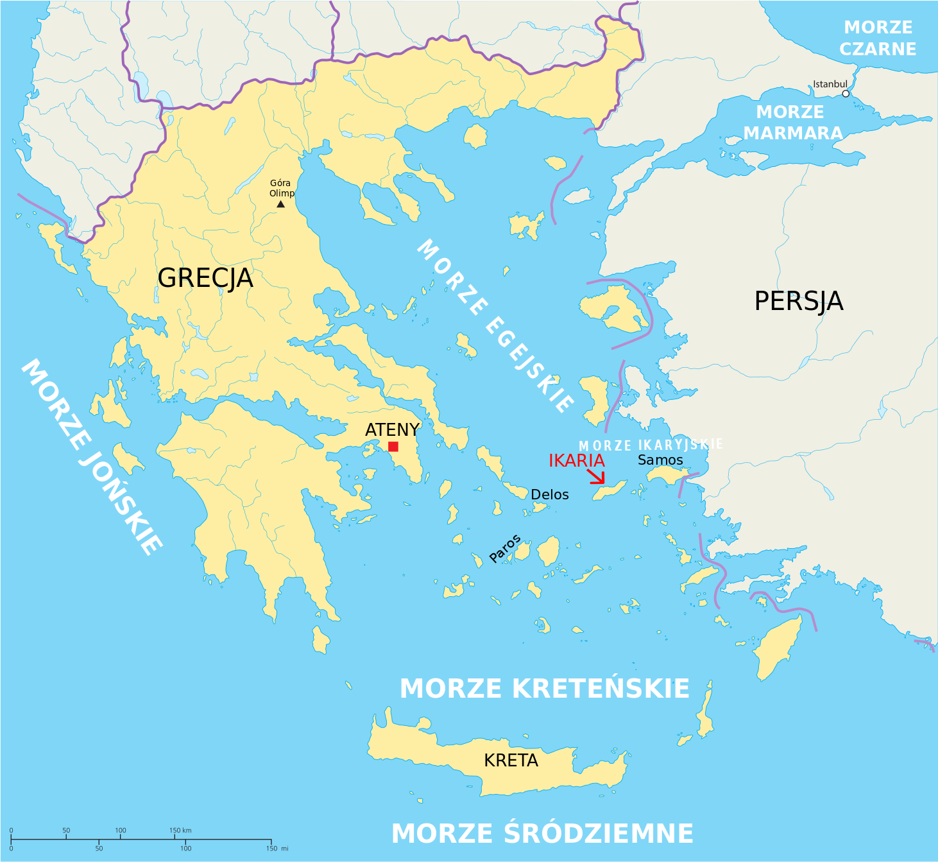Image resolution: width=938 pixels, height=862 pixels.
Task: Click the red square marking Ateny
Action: click(393, 447)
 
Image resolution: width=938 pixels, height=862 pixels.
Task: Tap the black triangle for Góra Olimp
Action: click(280, 204)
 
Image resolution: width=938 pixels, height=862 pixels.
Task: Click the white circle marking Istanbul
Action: click(846, 94)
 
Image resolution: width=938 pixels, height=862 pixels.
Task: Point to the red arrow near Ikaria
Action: click(597, 476)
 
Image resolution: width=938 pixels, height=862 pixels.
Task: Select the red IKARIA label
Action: click(576, 461)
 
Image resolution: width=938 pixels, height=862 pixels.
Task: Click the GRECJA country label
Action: click(205, 278)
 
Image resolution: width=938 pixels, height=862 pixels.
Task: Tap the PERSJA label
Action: click(798, 301)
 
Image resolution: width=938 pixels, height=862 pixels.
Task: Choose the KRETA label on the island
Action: click(511, 761)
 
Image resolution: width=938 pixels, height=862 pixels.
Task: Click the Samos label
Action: click(660, 460)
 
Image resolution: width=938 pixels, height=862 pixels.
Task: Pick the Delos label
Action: click(550, 495)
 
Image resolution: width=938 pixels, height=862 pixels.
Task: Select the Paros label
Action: click(505, 549)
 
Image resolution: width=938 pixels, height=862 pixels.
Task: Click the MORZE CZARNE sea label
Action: click(878, 38)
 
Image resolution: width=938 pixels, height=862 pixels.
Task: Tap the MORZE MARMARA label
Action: click(792, 123)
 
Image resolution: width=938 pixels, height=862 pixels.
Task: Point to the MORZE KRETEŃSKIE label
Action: click(544, 689)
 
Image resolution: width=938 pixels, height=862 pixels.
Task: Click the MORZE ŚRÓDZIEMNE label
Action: click(542, 834)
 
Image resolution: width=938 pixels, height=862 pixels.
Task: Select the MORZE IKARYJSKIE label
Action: click(651, 445)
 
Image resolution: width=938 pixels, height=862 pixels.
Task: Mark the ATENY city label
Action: click(392, 430)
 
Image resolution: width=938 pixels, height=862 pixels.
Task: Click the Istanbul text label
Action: click(830, 84)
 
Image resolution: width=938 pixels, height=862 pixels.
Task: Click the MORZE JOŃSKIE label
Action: click(91, 457)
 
